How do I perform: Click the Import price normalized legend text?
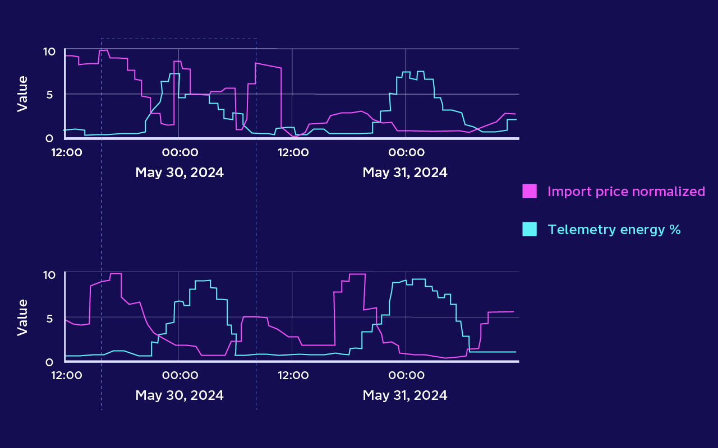(x=626, y=192)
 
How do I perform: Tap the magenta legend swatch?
(x=530, y=192)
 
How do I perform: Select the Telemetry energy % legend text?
(x=614, y=229)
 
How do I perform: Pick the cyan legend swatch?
(x=530, y=229)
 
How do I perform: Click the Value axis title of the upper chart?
(x=22, y=94)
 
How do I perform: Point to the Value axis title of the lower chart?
(x=22, y=317)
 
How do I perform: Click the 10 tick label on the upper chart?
(x=49, y=52)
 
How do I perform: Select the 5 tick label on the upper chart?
(x=49, y=95)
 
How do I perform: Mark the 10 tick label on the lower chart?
(x=49, y=275)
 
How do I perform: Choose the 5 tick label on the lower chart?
(x=49, y=318)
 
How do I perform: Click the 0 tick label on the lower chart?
(x=49, y=362)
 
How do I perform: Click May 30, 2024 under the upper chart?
(x=179, y=172)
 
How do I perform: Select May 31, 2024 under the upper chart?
(x=405, y=172)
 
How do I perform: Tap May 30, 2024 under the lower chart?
(x=179, y=395)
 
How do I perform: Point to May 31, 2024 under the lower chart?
(x=405, y=395)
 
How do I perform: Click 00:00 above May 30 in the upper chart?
(x=179, y=152)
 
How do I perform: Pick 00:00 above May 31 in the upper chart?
(x=406, y=152)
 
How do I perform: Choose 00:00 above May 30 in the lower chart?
(x=179, y=375)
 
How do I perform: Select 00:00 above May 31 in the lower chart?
(x=406, y=375)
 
